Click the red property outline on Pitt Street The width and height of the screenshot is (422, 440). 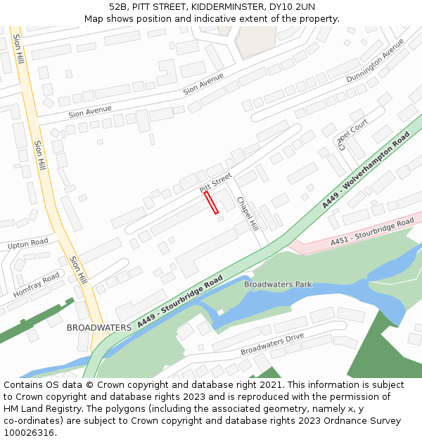[211, 202]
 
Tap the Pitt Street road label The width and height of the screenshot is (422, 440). [215, 182]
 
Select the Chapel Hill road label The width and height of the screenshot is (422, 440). [248, 213]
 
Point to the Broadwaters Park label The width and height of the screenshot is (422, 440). [278, 284]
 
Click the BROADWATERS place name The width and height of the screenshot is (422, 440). [98, 328]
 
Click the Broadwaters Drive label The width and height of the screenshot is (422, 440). [272, 344]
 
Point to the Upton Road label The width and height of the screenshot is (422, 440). [28, 244]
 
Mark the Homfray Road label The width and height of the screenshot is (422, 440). [37, 285]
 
